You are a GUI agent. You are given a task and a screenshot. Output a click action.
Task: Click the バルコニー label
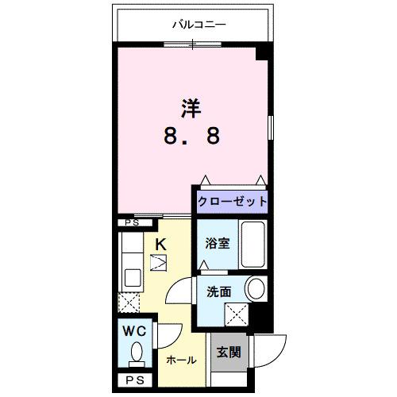[199, 25]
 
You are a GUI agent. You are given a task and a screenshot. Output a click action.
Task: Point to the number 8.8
[191, 136]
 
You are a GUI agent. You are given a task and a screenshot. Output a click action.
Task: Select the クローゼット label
[231, 201]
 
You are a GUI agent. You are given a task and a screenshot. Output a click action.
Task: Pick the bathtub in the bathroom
[253, 245]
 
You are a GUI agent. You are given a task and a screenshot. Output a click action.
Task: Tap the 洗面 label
[218, 291]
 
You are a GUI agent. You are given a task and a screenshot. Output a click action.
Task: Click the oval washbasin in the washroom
[256, 288]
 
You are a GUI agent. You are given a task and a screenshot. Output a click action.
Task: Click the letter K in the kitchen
[160, 245]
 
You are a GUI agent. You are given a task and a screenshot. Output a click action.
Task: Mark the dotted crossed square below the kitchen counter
[129, 303]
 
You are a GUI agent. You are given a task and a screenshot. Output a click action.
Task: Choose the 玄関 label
[228, 349]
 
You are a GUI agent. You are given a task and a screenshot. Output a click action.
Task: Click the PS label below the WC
[133, 380]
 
